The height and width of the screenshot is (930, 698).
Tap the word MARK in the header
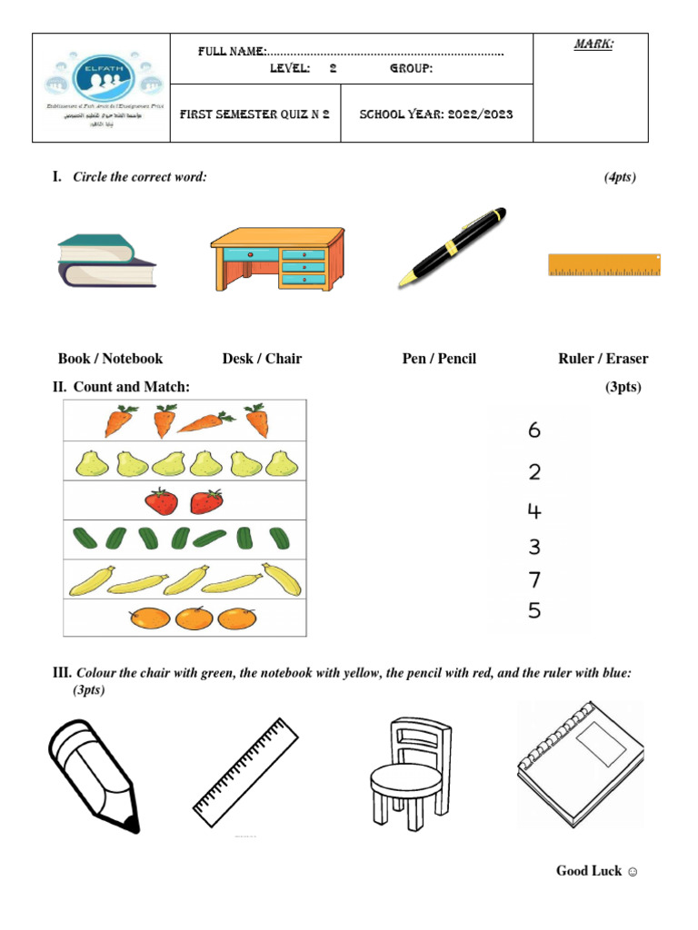click(593, 44)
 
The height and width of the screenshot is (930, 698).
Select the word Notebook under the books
click(133, 359)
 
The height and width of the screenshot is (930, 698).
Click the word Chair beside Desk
click(284, 359)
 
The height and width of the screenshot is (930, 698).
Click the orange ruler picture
click(604, 265)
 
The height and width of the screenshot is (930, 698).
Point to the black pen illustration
click(453, 247)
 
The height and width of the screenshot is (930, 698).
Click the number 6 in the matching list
click(534, 430)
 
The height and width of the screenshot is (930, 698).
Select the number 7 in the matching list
click(534, 579)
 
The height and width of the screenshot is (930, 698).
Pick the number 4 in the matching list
click(534, 511)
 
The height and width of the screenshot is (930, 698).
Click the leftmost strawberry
click(161, 501)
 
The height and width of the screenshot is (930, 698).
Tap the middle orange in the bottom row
click(194, 618)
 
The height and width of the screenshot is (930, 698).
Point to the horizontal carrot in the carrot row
click(205, 421)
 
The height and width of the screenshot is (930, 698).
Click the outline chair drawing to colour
click(410, 771)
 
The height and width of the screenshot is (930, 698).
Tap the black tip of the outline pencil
click(132, 825)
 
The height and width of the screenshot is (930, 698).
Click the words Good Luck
click(589, 871)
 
